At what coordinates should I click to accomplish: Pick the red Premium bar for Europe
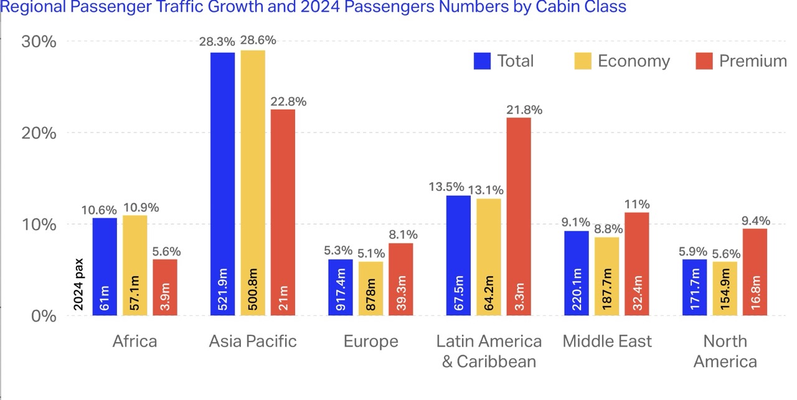400,279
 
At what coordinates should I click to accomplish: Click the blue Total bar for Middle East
577,273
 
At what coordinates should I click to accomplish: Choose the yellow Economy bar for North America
724,289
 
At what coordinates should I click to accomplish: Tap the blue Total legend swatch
483,61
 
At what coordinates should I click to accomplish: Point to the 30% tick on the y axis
39,42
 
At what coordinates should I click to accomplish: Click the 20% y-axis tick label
39,133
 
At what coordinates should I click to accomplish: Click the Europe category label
370,342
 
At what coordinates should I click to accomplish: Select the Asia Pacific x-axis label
253,342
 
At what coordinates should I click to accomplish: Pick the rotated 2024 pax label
78,286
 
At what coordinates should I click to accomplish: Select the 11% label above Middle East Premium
637,204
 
